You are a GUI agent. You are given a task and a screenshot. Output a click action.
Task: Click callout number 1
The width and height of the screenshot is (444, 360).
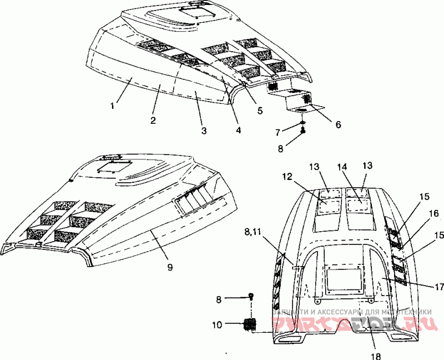(113, 104)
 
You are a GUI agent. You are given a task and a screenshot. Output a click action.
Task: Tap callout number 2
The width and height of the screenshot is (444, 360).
(153, 119)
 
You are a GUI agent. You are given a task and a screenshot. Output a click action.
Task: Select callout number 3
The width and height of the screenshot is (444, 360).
(204, 131)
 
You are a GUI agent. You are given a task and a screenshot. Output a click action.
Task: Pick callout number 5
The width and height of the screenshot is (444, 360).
(260, 109)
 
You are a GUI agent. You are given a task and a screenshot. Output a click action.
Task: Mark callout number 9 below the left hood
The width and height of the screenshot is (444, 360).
(170, 267)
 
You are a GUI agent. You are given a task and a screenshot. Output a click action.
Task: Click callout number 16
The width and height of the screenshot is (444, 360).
(433, 213)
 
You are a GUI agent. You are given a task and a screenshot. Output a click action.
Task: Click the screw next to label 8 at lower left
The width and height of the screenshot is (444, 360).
(251, 296)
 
